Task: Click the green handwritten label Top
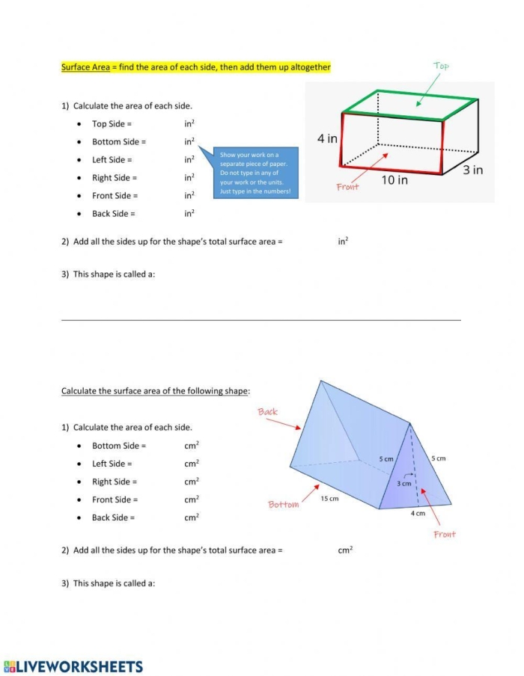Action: coord(441,66)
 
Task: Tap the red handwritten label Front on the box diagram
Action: coord(347,187)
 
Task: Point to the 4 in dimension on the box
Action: coord(327,138)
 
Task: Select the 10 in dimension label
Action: coord(394,180)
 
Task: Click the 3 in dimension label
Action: coord(472,170)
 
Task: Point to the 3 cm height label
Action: coord(403,484)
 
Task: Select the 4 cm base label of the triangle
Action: coord(418,513)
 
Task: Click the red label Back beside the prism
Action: coord(267,412)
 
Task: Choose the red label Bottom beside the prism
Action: coord(283,505)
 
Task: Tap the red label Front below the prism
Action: coord(444,534)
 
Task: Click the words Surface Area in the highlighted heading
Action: coord(85,67)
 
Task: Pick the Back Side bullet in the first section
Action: coord(113,214)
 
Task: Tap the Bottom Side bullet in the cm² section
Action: coord(118,446)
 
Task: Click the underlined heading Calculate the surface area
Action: coord(156,391)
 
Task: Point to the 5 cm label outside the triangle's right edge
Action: coord(438,458)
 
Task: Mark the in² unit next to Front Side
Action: coord(189,195)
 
